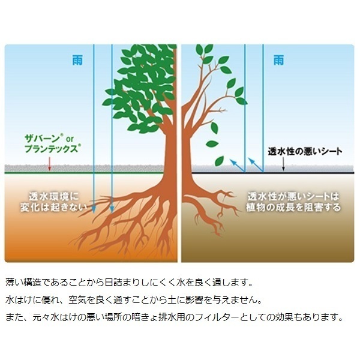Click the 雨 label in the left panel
[x=77, y=61]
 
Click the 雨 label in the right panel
[x=278, y=61]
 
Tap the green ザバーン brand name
[x=42, y=139]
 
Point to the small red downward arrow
[x=49, y=164]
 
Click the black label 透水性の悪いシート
[x=305, y=151]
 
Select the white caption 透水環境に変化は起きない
[x=54, y=202]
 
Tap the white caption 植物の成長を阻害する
[x=293, y=208]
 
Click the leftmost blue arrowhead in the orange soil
[x=94, y=209]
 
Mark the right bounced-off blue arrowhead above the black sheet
[x=251, y=161]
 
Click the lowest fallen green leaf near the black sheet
[x=219, y=161]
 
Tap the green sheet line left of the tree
[x=84, y=172]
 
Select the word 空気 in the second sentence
[x=77, y=300]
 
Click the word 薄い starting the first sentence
[x=14, y=283]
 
